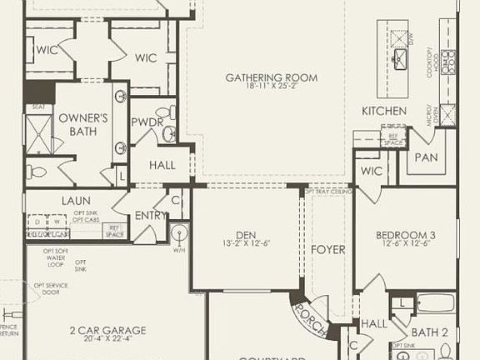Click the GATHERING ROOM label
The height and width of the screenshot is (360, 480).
pyautogui.click(x=262, y=77)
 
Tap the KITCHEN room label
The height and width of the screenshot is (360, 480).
pyautogui.click(x=383, y=111)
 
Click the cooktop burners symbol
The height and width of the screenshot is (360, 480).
pyautogui.click(x=448, y=60)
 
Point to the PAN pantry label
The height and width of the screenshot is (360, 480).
pyautogui.click(x=426, y=157)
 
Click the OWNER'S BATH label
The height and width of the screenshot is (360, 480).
pyautogui.click(x=83, y=125)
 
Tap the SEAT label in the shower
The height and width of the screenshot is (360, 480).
pyautogui.click(x=37, y=107)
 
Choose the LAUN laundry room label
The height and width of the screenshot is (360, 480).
pyautogui.click(x=75, y=201)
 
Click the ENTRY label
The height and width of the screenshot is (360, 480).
pyautogui.click(x=151, y=215)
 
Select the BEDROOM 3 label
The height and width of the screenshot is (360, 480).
pyautogui.click(x=406, y=234)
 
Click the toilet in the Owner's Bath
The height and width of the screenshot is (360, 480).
pyautogui.click(x=36, y=172)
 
